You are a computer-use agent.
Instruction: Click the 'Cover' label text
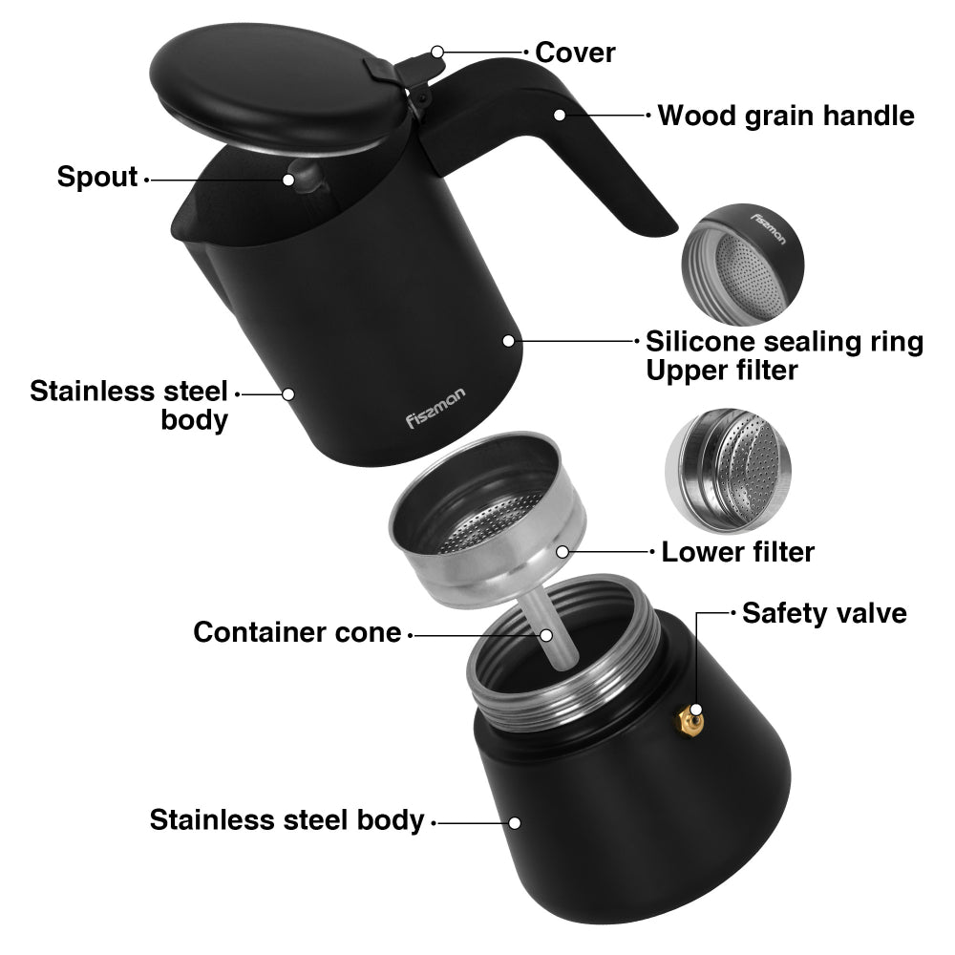point(575,52)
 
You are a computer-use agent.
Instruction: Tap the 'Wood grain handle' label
point(786,117)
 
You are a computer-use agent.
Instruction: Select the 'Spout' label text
point(97,177)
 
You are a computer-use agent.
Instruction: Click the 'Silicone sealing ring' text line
point(784,341)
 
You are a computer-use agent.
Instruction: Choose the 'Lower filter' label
point(737,551)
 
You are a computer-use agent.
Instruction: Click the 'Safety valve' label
point(824,612)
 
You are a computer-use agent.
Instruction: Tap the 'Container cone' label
point(297,631)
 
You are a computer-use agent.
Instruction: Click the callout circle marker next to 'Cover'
point(437,52)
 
